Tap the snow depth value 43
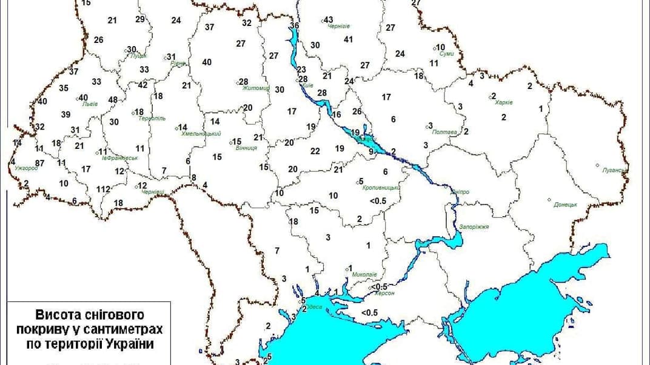329,19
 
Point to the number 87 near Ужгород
40,163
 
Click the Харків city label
504,102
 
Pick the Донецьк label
565,205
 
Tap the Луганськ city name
614,170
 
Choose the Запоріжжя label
474,226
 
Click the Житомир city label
255,88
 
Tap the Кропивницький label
381,188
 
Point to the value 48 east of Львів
113,100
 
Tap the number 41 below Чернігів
348,39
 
